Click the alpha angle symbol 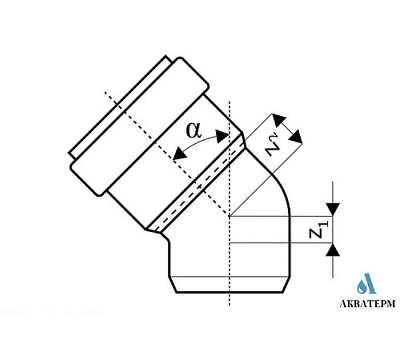194,130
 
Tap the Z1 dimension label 318,230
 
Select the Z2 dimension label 274,146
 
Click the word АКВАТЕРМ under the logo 367,303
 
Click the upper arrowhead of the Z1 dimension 333,210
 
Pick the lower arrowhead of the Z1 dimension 333,250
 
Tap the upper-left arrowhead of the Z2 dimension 278,120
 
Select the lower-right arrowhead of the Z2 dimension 296,137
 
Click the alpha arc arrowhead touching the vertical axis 222,136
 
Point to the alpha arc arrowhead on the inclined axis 179,154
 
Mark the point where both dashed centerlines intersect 230,216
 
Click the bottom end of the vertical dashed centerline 230,305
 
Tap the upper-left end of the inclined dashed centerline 105,92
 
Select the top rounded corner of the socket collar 181,59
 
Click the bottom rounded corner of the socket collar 99,194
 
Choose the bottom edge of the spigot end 230,293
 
